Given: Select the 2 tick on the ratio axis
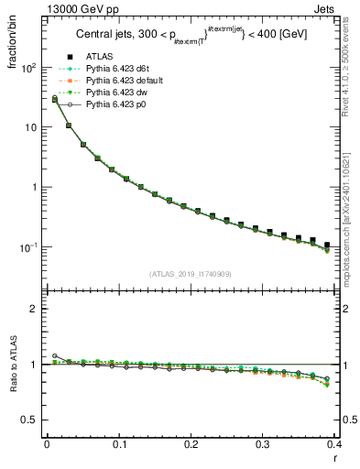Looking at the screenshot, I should (x=35, y=309).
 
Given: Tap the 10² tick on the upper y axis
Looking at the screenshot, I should (x=29, y=68).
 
